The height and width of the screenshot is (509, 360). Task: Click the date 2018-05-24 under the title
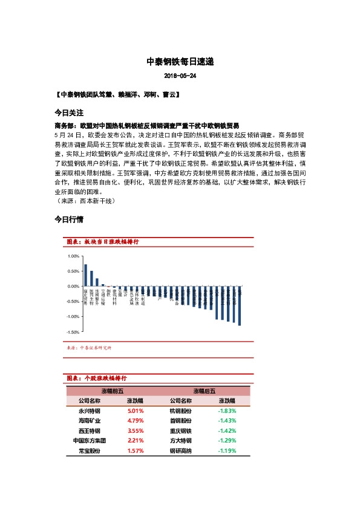[x=180, y=77]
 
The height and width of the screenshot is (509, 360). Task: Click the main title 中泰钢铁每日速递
[x=180, y=62]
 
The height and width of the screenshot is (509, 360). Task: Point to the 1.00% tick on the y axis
[x=73, y=256]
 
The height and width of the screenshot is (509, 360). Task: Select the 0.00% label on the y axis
[x=73, y=286]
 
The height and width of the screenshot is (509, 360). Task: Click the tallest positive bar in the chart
[x=85, y=275]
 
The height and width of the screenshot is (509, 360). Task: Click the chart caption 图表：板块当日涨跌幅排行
[x=103, y=242]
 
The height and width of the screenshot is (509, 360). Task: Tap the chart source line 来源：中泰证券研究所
[x=88, y=348]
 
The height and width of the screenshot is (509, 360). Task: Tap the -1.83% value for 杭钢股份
[x=226, y=410]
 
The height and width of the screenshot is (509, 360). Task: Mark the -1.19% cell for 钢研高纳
[x=226, y=451]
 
